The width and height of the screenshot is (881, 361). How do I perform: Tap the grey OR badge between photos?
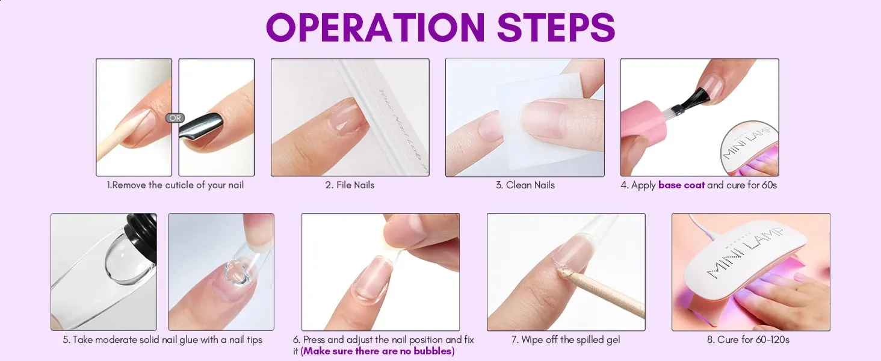tap(175, 117)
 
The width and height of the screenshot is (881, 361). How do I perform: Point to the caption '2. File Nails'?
tap(350, 185)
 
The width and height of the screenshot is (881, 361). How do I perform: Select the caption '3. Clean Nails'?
tap(525, 185)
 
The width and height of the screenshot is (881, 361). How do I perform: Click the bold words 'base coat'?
tap(681, 185)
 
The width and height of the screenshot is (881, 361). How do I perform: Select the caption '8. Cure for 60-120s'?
tap(748, 339)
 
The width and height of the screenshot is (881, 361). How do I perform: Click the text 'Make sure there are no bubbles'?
tap(377, 351)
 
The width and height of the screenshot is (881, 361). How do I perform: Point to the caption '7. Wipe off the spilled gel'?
tap(566, 339)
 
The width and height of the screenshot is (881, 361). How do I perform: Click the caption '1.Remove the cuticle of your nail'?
tap(175, 185)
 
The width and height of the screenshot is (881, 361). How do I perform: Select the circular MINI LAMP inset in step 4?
tap(749, 147)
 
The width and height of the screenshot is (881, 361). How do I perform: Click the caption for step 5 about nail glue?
tap(162, 339)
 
